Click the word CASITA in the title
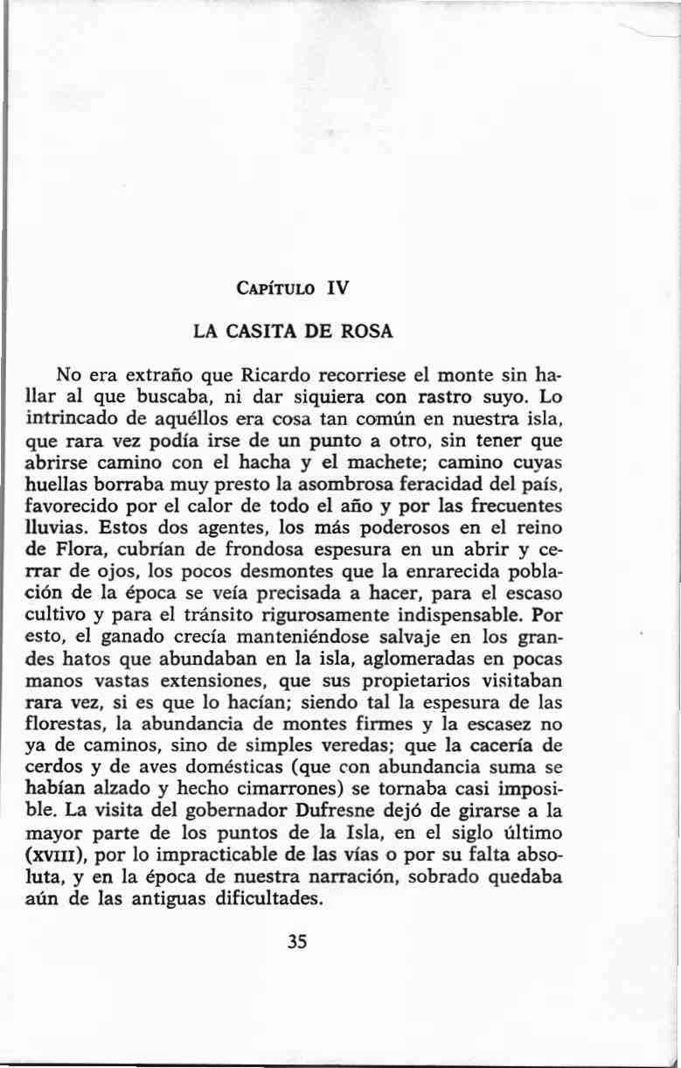coord(256,332)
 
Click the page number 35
coord(297,941)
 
